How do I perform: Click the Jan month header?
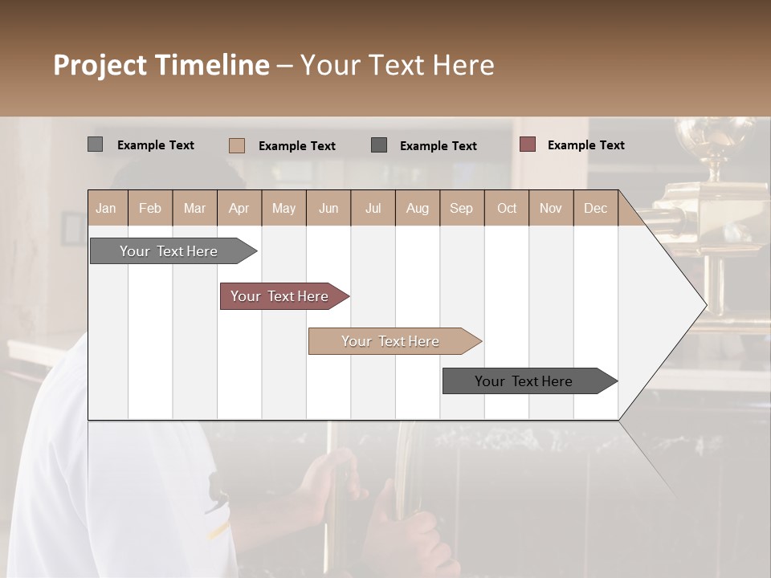tap(107, 208)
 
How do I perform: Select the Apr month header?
tap(239, 208)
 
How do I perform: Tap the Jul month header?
tap(373, 208)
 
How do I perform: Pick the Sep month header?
tap(462, 208)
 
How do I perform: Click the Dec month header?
tap(595, 208)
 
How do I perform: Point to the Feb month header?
tap(150, 208)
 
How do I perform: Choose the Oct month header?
tap(507, 208)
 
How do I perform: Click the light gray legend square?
tap(95, 144)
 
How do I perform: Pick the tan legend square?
tap(236, 145)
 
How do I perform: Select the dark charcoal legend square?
tap(379, 145)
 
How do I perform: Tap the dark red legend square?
tap(527, 144)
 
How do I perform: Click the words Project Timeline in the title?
tap(161, 65)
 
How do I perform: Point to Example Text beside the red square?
tap(585, 145)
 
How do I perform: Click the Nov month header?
tap(551, 208)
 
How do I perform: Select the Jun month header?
tap(328, 208)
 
